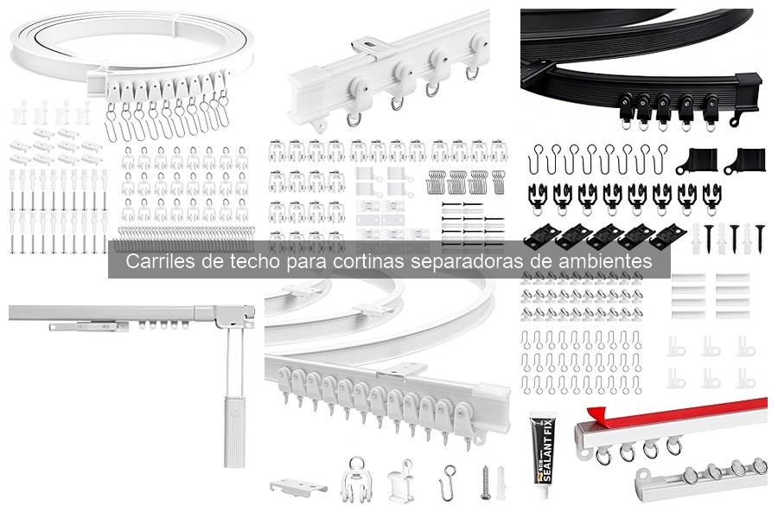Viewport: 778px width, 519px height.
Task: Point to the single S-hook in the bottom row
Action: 450,477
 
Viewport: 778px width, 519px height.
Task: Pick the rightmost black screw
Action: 761,234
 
